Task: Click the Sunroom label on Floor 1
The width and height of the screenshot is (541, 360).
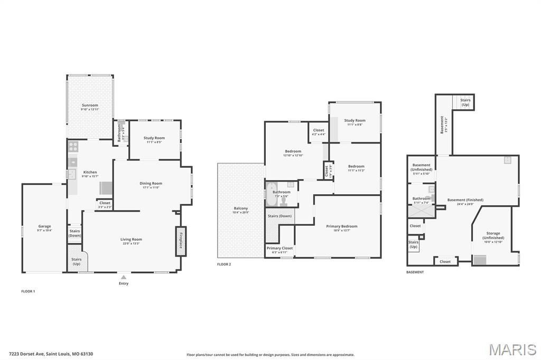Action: point(89,106)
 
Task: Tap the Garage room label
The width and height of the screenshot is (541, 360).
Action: point(44,226)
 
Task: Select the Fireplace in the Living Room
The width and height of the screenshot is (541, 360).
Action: point(181,241)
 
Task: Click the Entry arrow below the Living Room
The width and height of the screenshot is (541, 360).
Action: point(123,277)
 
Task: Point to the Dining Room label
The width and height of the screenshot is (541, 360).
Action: point(150,184)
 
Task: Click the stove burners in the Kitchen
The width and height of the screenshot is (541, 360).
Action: point(73,146)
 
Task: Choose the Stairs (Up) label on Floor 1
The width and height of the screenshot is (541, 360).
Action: point(77,261)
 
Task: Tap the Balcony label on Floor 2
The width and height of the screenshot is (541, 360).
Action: point(240,209)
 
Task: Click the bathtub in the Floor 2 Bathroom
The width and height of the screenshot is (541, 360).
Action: point(272,193)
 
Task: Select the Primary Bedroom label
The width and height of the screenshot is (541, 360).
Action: point(342,226)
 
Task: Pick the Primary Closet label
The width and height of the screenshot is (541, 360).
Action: point(279,248)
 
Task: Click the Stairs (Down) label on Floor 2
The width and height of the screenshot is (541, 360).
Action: point(279,216)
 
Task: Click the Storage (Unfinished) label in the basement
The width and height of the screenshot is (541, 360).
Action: point(493,235)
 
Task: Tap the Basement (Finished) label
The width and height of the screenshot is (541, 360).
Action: point(465,200)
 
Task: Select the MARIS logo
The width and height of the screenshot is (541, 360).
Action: point(512,349)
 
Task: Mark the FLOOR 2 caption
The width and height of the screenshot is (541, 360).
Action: point(224,264)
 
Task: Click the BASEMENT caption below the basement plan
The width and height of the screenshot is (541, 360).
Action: point(415,272)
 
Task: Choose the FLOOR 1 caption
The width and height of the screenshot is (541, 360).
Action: point(28,291)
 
